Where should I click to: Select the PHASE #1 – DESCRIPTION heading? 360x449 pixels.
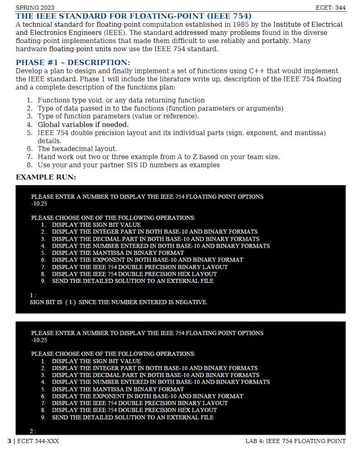click(x=73, y=62)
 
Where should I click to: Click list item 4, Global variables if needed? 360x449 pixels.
click(x=83, y=124)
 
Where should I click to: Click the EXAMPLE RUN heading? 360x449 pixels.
click(x=46, y=177)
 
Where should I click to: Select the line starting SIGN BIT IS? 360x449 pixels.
click(x=119, y=302)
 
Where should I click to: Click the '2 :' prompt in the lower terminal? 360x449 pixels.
click(x=33, y=431)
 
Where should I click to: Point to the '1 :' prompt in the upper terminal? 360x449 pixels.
click(x=33, y=295)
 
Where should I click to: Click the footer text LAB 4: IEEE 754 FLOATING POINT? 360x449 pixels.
click(x=295, y=441)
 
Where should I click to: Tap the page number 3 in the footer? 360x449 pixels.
click(x=9, y=441)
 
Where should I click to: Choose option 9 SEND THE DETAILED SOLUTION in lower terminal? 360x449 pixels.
click(x=132, y=417)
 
